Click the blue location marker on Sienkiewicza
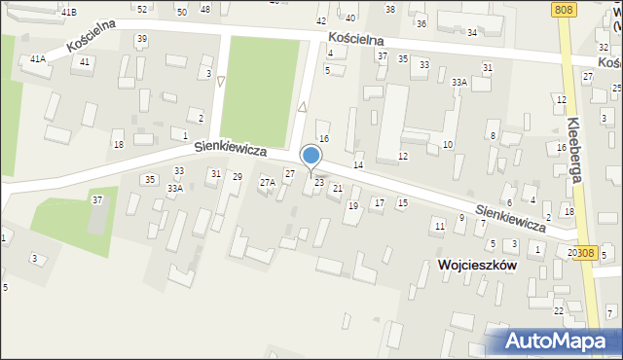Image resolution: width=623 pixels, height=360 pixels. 311,157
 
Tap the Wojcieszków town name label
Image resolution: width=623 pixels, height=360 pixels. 477,264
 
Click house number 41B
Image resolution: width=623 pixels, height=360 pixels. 68,12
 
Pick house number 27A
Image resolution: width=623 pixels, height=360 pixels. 267,182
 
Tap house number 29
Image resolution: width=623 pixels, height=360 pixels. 237,176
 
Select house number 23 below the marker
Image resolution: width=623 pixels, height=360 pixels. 318,183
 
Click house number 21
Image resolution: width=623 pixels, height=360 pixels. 338,188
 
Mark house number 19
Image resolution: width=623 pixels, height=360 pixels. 353,206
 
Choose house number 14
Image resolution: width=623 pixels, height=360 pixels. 358,165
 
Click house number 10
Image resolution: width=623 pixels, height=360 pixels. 448,145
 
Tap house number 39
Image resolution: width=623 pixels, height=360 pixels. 142,39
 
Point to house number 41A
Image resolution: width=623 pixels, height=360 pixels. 37,59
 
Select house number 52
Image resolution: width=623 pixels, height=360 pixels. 142,9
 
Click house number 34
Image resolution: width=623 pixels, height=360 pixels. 471,32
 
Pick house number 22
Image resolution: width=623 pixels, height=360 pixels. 559,310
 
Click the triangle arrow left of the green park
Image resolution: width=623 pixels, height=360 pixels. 221,82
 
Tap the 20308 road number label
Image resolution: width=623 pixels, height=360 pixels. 581,252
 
